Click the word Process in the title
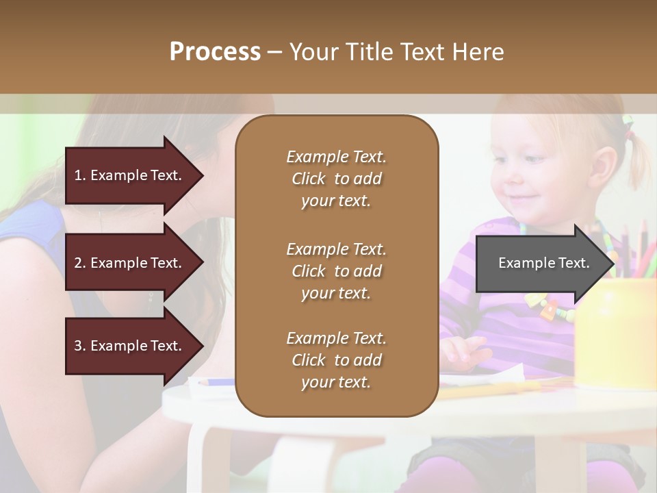[x=215, y=52]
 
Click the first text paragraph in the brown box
[x=336, y=179]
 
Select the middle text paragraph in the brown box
[x=336, y=271]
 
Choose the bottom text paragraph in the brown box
[x=336, y=360]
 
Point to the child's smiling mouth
[x=525, y=198]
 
